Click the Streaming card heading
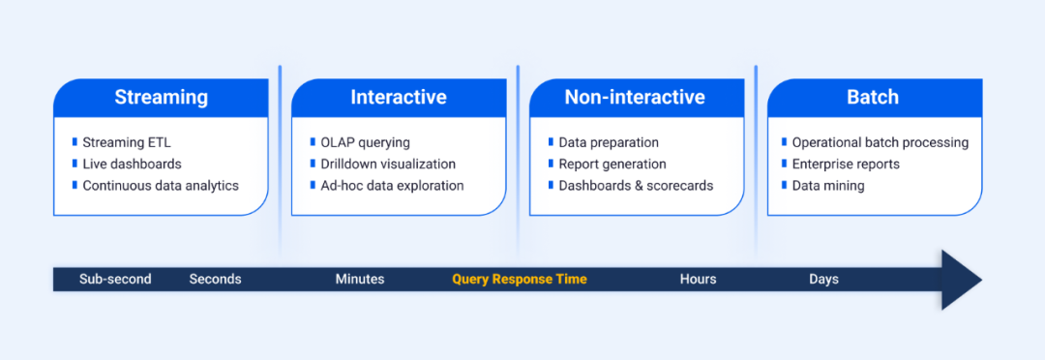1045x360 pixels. tap(161, 98)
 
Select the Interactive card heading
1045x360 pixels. tap(399, 98)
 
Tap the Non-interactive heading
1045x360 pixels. tap(635, 98)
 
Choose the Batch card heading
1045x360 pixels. tap(873, 98)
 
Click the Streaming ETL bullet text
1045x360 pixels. tap(127, 142)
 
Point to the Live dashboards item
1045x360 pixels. tap(132, 164)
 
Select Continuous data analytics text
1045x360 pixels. tap(161, 186)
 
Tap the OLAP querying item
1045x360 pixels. tap(365, 142)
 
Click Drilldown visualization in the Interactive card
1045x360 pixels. tap(388, 164)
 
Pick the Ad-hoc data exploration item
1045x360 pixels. tap(392, 186)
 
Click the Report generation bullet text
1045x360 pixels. tap(612, 164)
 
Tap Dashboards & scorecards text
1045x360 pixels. tap(636, 186)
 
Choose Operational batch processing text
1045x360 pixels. tap(881, 142)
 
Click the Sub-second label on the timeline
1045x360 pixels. tap(115, 280)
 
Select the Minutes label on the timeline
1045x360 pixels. tap(360, 280)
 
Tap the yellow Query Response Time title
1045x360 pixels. tap(520, 280)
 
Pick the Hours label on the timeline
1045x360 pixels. tap(699, 280)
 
